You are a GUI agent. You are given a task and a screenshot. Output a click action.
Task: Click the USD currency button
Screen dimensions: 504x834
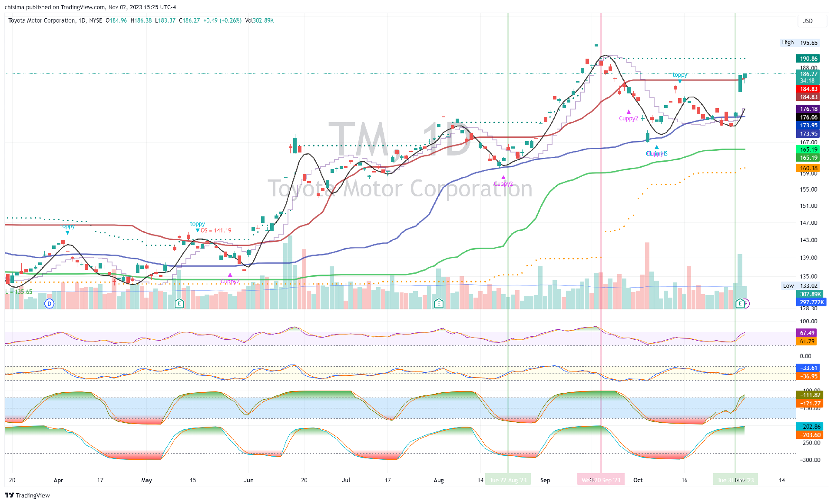tap(807, 21)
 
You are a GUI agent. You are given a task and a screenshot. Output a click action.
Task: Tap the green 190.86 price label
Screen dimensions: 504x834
tap(808, 59)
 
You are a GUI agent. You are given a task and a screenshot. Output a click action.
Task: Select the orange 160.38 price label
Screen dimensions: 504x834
tap(808, 168)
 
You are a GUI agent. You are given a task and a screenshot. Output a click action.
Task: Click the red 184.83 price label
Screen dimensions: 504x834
tap(808, 89)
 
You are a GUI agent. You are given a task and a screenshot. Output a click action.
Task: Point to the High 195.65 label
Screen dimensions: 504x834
tap(799, 43)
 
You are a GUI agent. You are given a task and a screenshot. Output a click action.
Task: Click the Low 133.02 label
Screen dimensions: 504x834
tap(800, 286)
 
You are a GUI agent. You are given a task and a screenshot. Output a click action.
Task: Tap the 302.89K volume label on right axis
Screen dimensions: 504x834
tap(810, 294)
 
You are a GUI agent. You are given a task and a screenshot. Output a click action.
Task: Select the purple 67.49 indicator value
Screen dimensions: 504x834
tap(807, 333)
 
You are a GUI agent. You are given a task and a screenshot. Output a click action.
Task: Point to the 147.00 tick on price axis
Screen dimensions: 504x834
tap(808, 223)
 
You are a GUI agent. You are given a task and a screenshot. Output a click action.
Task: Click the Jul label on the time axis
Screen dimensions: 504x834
tap(346, 480)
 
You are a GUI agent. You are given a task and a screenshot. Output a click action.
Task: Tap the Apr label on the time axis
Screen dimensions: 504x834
tap(58, 480)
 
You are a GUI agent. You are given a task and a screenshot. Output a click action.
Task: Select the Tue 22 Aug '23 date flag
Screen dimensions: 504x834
tap(508, 480)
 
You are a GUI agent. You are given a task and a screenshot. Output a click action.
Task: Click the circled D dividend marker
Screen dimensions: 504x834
tap(50, 304)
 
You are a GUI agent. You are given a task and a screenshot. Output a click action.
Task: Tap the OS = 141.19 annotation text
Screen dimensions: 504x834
tap(216, 231)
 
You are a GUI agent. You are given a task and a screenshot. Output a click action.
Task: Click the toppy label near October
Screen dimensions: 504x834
tap(680, 75)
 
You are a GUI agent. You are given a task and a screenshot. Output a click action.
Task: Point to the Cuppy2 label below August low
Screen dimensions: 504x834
tap(503, 184)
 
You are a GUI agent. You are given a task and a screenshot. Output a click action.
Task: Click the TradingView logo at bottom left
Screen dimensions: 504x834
tap(27, 495)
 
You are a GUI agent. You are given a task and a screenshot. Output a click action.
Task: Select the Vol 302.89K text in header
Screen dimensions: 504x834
tap(259, 20)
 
